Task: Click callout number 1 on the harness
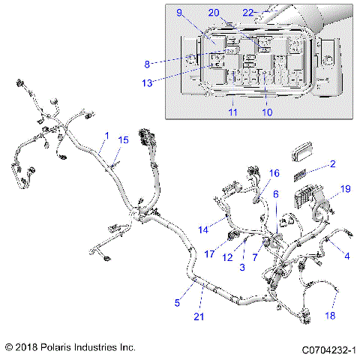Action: point(106,135)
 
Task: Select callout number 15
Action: point(124,140)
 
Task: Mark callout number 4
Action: point(346,256)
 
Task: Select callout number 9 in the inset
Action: point(179,13)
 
